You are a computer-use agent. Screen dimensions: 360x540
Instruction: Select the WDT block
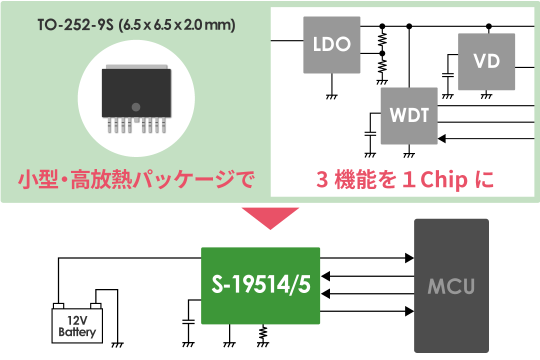409,116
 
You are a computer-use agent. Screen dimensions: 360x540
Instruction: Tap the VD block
486,61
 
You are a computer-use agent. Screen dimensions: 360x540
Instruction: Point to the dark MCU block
451,285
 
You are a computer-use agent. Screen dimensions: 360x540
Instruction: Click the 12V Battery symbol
77,325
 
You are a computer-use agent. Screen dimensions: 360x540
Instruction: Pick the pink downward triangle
270,218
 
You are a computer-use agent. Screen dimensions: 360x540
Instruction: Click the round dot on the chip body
136,106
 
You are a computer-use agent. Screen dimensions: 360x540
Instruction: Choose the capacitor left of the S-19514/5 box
188,322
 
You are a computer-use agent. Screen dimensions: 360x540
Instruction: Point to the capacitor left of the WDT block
370,134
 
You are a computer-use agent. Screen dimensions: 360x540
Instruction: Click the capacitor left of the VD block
448,75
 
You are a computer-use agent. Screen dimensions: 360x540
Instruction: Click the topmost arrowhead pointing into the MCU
409,258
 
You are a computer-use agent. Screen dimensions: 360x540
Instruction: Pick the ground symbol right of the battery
118,344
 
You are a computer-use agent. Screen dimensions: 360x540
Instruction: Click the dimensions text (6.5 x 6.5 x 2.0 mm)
176,25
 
